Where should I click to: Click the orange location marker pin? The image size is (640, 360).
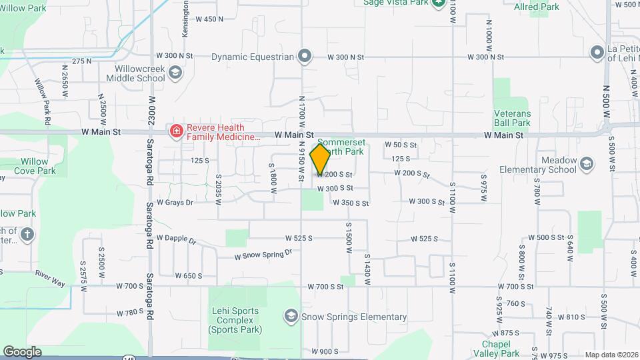pyautogui.click(x=320, y=159)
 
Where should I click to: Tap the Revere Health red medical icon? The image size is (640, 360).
pyautogui.click(x=176, y=132)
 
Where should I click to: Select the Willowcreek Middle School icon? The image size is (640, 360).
pyautogui.click(x=175, y=73)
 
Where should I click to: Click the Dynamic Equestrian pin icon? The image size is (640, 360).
pyautogui.click(x=305, y=57)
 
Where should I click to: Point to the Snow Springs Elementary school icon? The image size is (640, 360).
pyautogui.click(x=291, y=316)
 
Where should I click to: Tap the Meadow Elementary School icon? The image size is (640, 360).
pyautogui.click(x=587, y=164)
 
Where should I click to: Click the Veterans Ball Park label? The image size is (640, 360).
pyautogui.click(x=512, y=118)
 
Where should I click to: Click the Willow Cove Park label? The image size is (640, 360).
pyautogui.click(x=34, y=166)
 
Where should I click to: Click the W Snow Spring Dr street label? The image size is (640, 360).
pyautogui.click(x=264, y=255)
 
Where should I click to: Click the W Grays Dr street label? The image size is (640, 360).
pyautogui.click(x=175, y=201)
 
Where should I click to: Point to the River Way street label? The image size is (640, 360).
pyautogui.click(x=50, y=279)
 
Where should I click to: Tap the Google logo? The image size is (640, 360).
pyautogui.click(x=22, y=351)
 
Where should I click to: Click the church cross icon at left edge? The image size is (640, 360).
pyautogui.click(x=27, y=234)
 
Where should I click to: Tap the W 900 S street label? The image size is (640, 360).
pyautogui.click(x=325, y=351)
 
